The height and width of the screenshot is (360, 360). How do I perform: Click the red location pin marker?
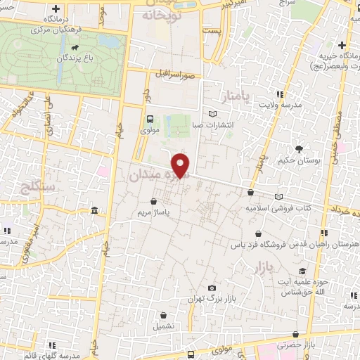pyautogui.click(x=181, y=165)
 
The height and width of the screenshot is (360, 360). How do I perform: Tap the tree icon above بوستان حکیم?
pyautogui.click(x=300, y=148)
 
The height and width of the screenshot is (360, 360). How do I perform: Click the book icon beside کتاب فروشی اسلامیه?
pyautogui.click(x=279, y=196)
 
